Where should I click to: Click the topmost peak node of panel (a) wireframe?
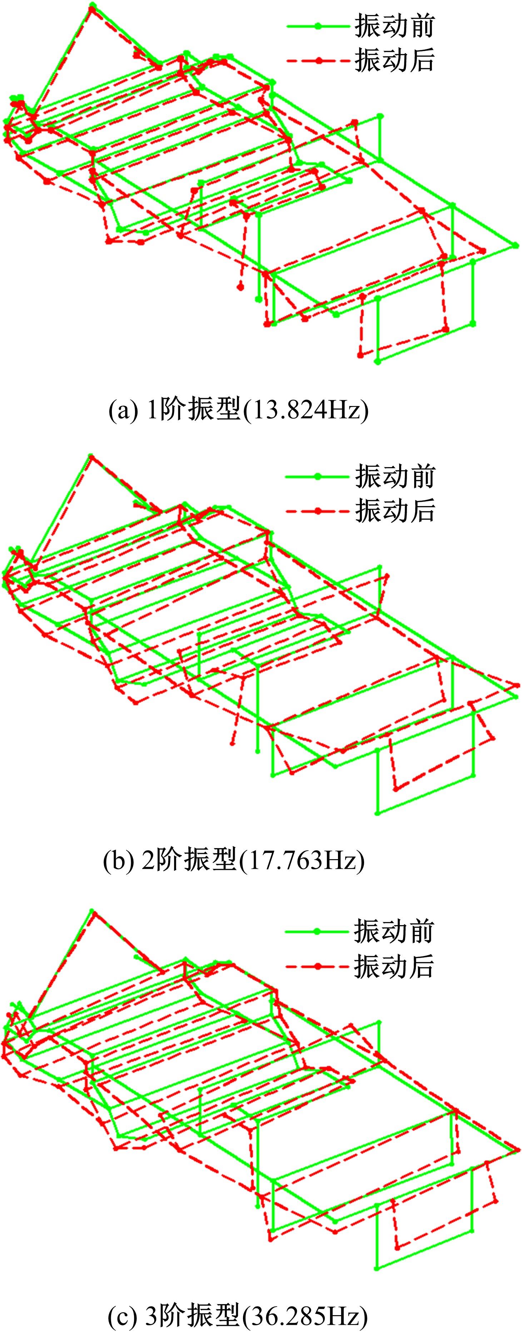click(92, 6)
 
